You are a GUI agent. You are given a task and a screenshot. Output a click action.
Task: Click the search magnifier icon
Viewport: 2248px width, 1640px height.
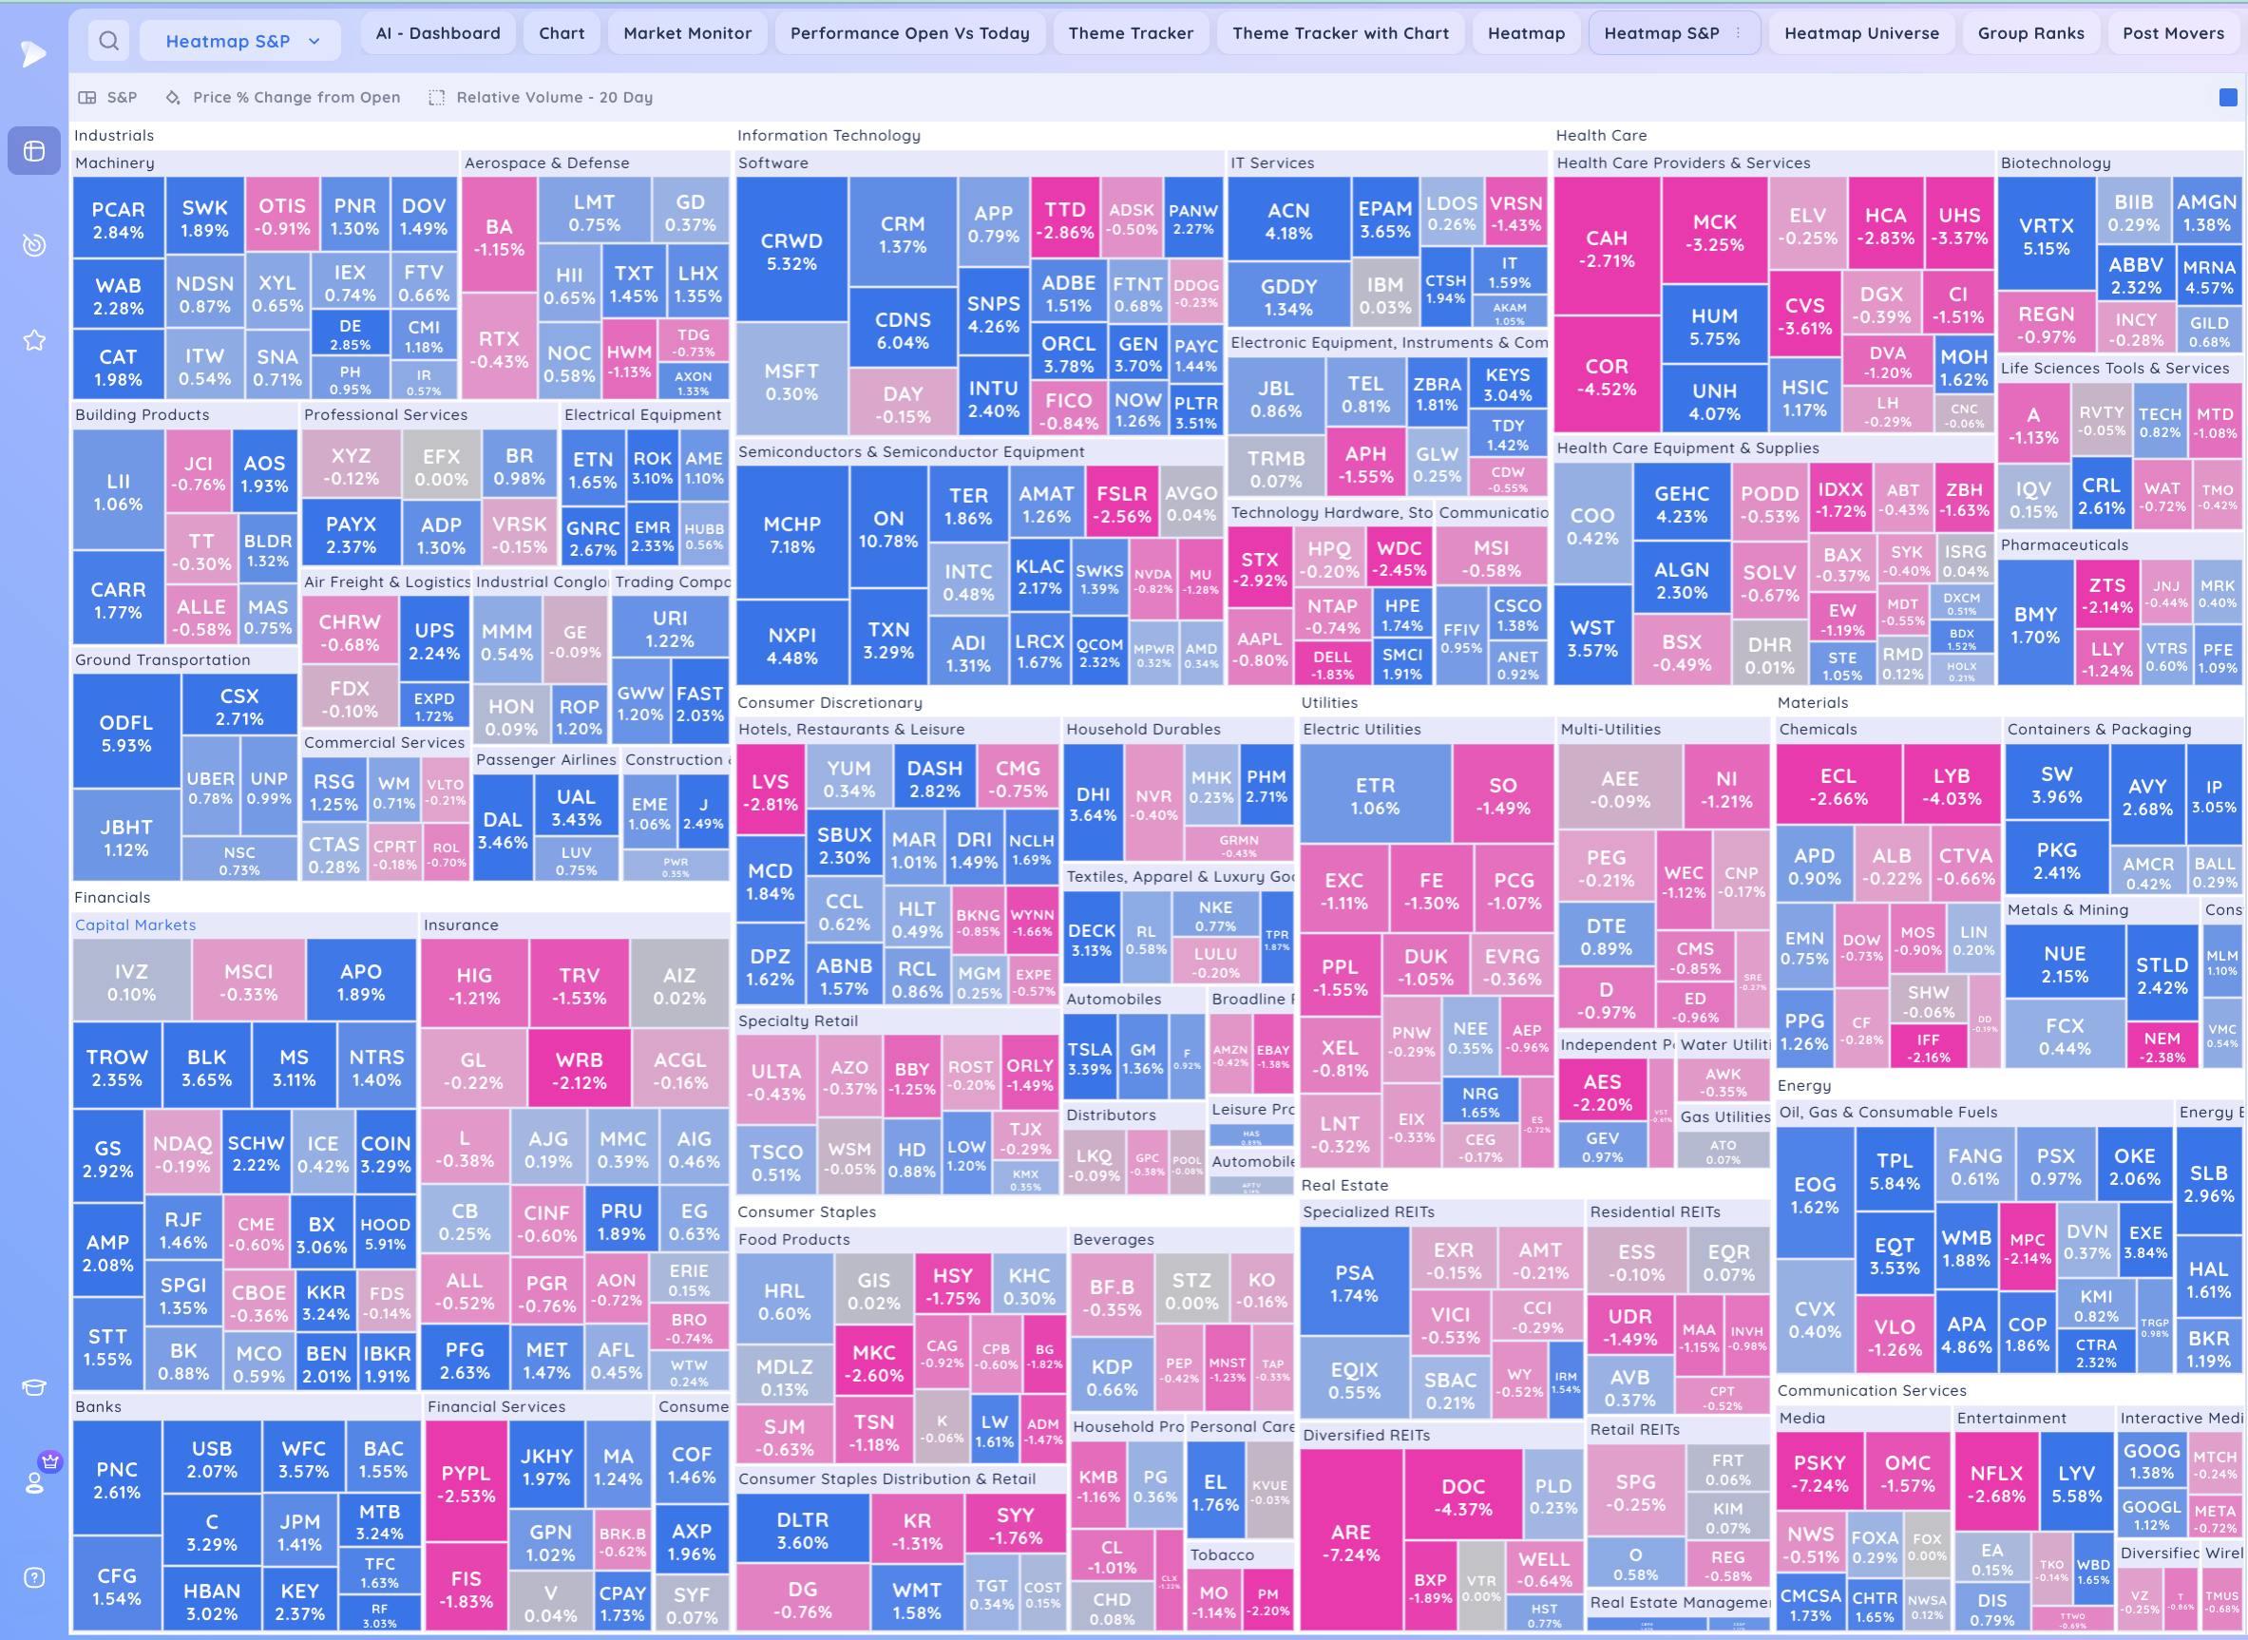tap(109, 41)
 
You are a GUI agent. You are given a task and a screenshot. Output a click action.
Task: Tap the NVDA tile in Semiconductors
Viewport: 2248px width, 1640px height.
tap(1153, 581)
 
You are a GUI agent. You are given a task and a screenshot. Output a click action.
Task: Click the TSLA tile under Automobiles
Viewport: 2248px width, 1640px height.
tap(1089, 1058)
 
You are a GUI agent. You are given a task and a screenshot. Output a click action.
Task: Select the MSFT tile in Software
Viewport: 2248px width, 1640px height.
tap(791, 381)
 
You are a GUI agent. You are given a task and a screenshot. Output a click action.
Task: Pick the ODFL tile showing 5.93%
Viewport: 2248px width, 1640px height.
tap(126, 733)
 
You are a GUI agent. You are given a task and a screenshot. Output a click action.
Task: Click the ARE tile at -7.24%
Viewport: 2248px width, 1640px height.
tap(1351, 1543)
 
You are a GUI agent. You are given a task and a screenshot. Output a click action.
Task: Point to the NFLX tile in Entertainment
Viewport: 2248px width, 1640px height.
tap(1996, 1483)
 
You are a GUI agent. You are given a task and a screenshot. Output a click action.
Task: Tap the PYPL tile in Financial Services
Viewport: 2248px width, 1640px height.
tap(466, 1483)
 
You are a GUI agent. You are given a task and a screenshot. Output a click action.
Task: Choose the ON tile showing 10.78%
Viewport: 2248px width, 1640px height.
tap(888, 529)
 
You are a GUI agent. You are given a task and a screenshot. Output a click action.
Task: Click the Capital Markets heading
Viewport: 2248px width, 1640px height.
tap(136, 925)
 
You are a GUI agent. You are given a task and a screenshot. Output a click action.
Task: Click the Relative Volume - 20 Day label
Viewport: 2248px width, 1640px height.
tap(554, 97)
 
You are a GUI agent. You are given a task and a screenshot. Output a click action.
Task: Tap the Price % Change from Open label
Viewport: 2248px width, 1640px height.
tap(295, 97)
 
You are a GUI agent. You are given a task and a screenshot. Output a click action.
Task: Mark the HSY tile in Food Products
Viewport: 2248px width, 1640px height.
tap(952, 1286)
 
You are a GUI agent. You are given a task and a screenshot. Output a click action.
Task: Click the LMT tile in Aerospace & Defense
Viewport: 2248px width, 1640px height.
tap(594, 213)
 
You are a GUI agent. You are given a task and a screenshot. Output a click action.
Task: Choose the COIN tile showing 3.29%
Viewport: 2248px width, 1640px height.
tap(385, 1154)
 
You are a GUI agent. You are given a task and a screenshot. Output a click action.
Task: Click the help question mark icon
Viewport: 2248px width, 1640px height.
tap(34, 1577)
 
